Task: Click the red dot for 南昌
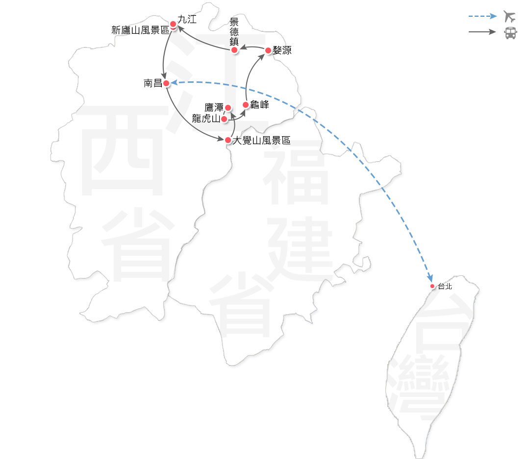pos(167,83)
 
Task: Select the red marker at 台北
pos(432,286)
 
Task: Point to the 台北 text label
pos(444,287)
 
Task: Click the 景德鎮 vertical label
pos(234,32)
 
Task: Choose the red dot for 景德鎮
pos(235,50)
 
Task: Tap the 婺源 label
pos(281,50)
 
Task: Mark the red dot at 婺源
pos(268,50)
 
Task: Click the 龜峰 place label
pos(259,104)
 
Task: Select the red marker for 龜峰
pos(246,104)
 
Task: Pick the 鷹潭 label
pos(214,107)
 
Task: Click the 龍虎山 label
pos(206,119)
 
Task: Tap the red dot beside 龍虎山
pos(224,119)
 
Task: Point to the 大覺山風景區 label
pos(261,141)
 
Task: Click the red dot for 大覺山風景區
pos(228,140)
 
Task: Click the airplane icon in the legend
pos(510,17)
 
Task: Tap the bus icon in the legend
pos(510,33)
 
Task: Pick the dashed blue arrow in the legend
pos(482,17)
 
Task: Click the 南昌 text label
pos(152,83)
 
